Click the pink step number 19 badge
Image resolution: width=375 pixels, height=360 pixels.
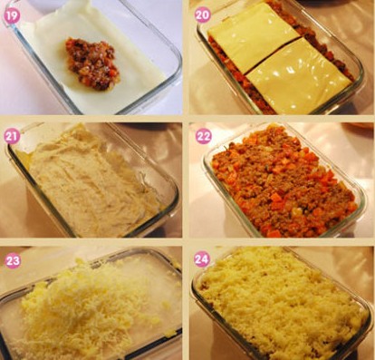pyautogui.click(x=12, y=15)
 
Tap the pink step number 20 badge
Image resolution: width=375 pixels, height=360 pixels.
pyautogui.click(x=203, y=15)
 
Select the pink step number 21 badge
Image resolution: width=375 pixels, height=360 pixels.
pyautogui.click(x=12, y=137)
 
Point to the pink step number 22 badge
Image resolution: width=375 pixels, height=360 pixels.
pyautogui.click(x=204, y=136)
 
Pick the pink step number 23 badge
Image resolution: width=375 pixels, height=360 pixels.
pyautogui.click(x=13, y=260)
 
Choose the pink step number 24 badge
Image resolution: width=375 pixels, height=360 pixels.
pyautogui.click(x=202, y=259)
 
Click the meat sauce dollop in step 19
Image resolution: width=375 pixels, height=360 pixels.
pyautogui.click(x=92, y=63)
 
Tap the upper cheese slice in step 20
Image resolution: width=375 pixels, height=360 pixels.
pyautogui.click(x=254, y=37)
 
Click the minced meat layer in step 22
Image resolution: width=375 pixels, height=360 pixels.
pyautogui.click(x=284, y=181)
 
